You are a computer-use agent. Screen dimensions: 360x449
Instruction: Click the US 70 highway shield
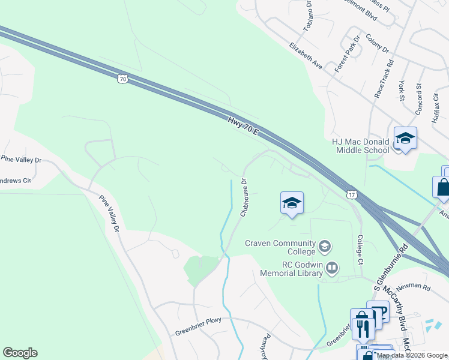[x=122, y=78]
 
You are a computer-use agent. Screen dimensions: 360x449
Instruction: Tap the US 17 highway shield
[x=352, y=194]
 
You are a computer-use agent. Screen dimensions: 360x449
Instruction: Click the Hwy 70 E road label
[x=243, y=126]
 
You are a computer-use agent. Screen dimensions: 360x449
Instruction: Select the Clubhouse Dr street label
[x=244, y=197]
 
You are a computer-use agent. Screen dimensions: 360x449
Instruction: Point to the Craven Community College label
[x=280, y=243]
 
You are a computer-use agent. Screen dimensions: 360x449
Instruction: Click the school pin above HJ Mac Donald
[x=405, y=139]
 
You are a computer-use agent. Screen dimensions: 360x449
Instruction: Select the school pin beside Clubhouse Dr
[x=292, y=205]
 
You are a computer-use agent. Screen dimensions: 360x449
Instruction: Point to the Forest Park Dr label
[x=347, y=54]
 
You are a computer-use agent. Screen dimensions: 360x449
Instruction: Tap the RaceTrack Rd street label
[x=384, y=78]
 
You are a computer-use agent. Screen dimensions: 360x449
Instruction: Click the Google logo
[x=20, y=353]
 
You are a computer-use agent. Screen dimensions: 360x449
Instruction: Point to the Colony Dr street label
[x=377, y=43]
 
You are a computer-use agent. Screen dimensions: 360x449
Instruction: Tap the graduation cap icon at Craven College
[x=324, y=245]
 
